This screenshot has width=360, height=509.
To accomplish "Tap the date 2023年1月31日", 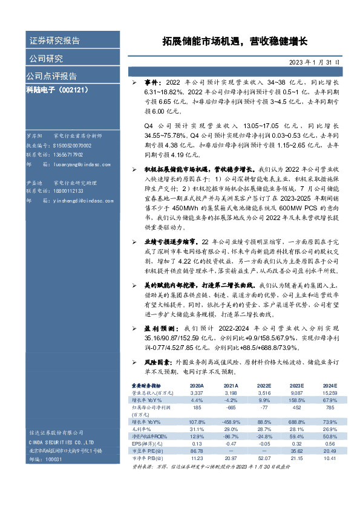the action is [x=314, y=62].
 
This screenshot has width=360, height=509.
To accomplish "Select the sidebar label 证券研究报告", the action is [x=54, y=41].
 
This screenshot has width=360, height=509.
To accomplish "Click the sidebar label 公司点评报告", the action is [x=51, y=76].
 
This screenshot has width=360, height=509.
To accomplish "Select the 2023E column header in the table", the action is [x=296, y=385].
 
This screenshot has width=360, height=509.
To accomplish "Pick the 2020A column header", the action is [x=197, y=385].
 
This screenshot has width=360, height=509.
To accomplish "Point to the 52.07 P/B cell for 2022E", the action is [x=264, y=458].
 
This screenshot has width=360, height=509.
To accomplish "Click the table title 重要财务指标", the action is [x=146, y=385].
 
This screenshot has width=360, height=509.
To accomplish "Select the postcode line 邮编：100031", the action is [x=45, y=460].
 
